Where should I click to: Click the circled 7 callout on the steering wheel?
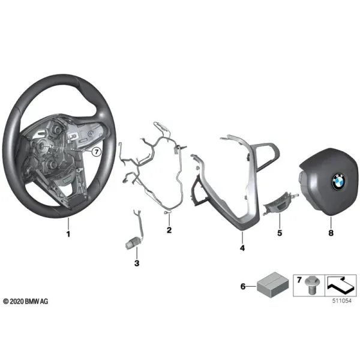tap(97, 152)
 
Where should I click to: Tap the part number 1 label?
tap(68, 234)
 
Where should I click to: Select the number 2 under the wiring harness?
tap(169, 230)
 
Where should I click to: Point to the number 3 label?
tap(137, 263)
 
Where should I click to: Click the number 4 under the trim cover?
tap(242, 248)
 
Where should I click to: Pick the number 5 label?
tap(280, 233)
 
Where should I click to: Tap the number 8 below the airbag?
tap(331, 233)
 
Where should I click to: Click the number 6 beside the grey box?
tap(243, 287)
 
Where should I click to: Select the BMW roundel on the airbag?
tap(338, 182)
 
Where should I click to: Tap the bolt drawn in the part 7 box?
tap(310, 286)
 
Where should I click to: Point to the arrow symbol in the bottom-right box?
tap(340, 286)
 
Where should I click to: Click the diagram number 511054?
tap(342, 301)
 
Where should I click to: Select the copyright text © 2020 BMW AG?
tap(26, 301)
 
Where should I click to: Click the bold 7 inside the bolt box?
tap(299, 280)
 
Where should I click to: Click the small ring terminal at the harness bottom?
tap(166, 213)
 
